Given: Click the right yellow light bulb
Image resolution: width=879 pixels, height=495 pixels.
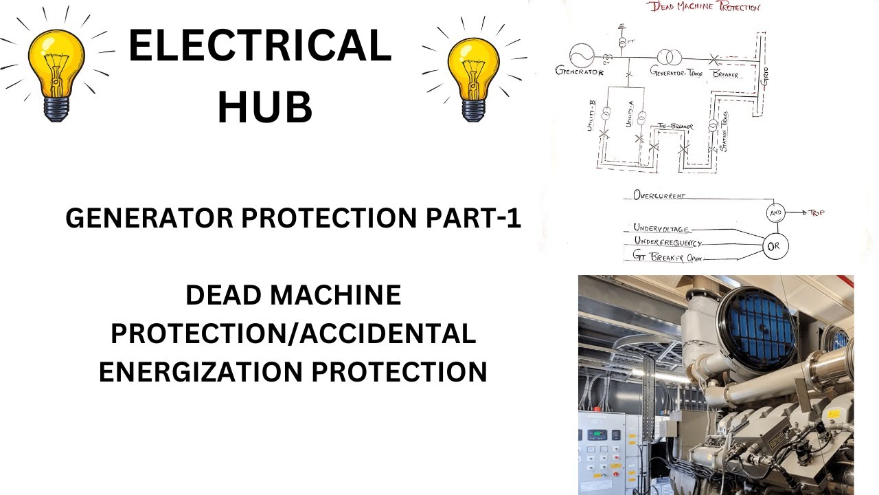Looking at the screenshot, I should click(473, 76).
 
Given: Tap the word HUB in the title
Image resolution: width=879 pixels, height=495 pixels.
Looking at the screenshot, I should click(264, 107).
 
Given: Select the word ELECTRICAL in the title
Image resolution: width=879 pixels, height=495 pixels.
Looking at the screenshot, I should click(260, 47).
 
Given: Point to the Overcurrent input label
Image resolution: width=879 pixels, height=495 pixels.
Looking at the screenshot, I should click(659, 195).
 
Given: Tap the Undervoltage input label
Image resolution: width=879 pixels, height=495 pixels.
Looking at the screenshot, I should click(661, 229).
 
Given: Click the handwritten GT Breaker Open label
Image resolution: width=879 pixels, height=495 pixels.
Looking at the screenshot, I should click(665, 258).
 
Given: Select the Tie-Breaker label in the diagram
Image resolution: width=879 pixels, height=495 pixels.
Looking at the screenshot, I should click(675, 126).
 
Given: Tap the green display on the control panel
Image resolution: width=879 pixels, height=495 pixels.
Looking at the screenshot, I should click(592, 434).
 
